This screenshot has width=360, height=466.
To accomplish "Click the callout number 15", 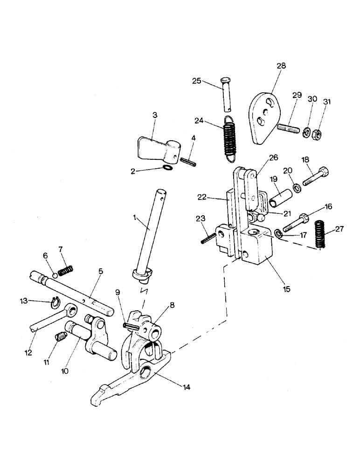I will [286, 289].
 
